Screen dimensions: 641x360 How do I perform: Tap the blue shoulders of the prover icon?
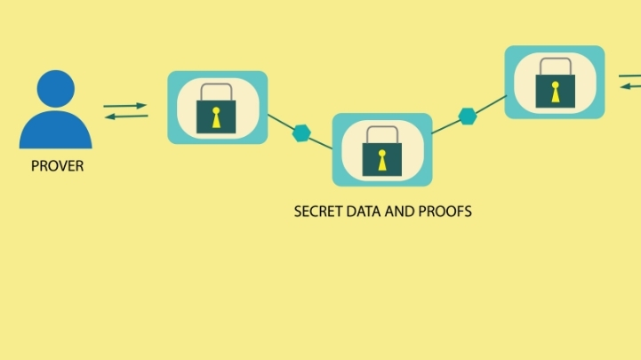pos(55,132)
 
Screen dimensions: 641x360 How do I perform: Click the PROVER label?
pos(57,166)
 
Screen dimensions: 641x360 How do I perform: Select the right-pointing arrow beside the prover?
pos(125,106)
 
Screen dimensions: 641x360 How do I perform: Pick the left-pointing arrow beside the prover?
pos(125,115)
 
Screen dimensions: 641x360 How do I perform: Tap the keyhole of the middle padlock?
pos(382,159)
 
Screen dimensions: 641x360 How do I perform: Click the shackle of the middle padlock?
pos(382,136)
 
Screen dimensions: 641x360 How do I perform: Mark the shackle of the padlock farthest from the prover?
pos(555,67)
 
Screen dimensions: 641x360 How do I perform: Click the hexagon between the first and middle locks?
pos(302,134)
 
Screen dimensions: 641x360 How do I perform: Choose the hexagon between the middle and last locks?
pos(468,116)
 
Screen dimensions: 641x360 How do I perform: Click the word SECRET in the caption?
pos(316,212)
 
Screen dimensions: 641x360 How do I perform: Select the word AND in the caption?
pos(399,212)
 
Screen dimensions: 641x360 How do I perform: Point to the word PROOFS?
pos(445,212)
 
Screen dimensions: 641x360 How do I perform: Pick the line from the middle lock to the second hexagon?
pos(445,127)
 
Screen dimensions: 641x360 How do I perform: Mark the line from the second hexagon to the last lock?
pos(491,104)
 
